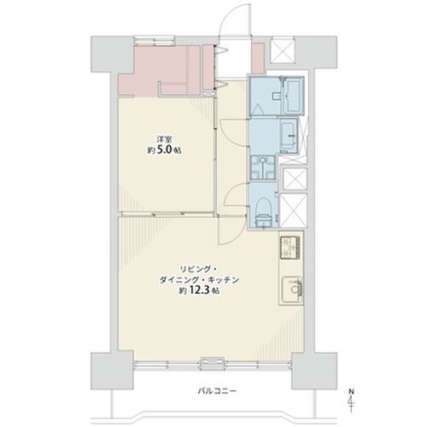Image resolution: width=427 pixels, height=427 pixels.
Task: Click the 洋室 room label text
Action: (x=165, y=140)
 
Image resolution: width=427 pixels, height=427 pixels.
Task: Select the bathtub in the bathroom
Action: (x=293, y=96)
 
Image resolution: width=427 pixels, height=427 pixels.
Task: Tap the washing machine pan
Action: (x=263, y=167)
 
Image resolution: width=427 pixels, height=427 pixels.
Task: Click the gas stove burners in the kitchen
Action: (x=290, y=248)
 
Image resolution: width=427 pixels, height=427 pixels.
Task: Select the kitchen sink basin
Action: (x=291, y=290)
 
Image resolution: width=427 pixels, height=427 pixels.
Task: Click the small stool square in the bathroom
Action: (x=276, y=97)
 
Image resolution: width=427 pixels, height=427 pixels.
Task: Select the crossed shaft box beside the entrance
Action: (x=281, y=50)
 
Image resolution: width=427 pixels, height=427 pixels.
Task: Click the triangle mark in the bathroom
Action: (x=259, y=109)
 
